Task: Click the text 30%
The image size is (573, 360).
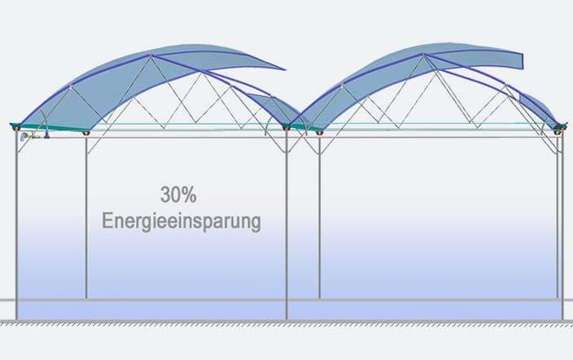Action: click(178, 195)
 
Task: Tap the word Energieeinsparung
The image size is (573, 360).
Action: click(182, 222)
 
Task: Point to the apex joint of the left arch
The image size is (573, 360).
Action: click(150, 55)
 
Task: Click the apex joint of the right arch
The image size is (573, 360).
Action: click(424, 55)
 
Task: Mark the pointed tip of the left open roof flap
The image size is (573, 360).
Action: click(284, 68)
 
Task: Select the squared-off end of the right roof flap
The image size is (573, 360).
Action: click(522, 61)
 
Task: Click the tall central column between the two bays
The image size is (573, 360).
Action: click(286, 224)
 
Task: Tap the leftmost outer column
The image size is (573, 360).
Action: click(16, 224)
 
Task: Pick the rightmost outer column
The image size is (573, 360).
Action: click(562, 224)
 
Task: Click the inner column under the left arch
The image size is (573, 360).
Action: click(86, 216)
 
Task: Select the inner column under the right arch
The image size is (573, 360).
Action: click(319, 216)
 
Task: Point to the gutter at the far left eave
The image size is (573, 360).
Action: click(15, 126)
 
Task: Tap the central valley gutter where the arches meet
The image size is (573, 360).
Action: click(286, 126)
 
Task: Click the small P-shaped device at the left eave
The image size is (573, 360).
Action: click(24, 137)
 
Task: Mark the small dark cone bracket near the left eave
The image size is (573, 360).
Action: click(46, 135)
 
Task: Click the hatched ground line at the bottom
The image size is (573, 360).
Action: click(286, 323)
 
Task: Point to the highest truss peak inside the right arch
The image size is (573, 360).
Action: click(435, 72)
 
